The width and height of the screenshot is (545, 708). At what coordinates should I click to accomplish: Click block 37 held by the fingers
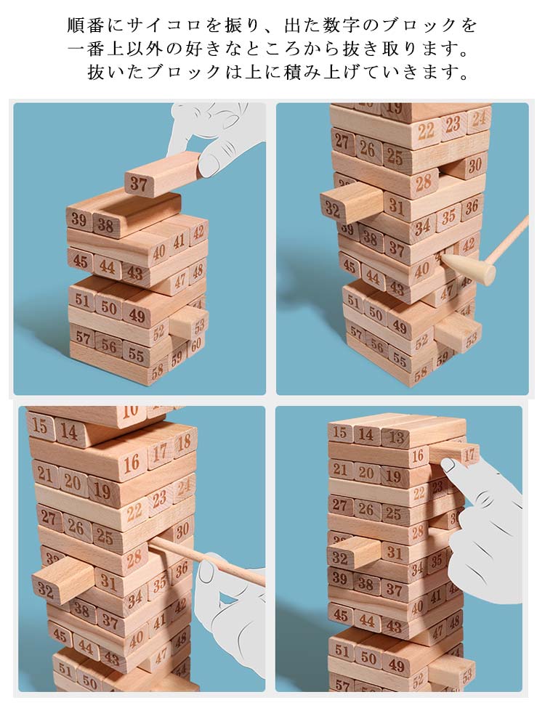(163, 174)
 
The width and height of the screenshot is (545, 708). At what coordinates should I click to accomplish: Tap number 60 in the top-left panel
(195, 345)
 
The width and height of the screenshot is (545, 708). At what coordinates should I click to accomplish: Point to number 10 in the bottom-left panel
(129, 410)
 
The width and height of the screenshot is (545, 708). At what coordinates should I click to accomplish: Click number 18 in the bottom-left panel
(184, 442)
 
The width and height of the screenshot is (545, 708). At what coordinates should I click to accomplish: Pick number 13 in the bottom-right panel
(395, 437)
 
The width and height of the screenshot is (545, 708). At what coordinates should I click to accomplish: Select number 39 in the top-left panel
(78, 219)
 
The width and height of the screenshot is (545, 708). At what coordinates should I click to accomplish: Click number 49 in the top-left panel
(137, 314)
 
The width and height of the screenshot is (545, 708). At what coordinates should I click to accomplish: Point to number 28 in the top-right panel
(424, 183)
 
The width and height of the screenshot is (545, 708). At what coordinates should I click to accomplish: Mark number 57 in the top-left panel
(83, 337)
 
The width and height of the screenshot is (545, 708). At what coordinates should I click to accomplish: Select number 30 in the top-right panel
(475, 166)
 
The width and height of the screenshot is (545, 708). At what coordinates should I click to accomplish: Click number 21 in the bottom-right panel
(340, 470)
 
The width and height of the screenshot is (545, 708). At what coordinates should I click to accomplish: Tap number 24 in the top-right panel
(479, 118)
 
